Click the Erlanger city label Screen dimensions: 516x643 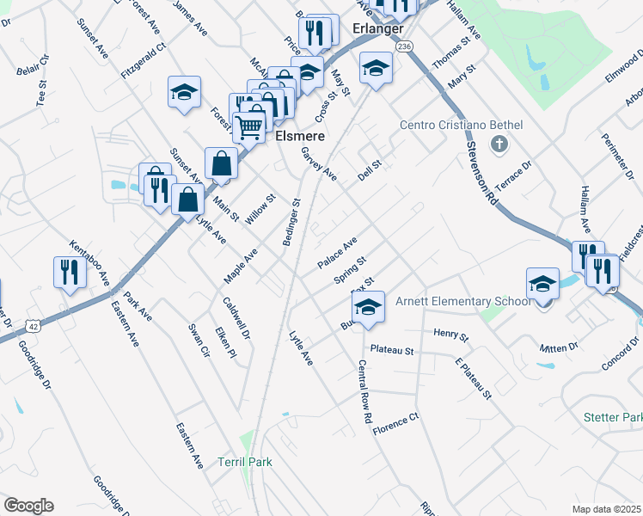coord(378,29)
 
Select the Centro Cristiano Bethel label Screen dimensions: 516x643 coord(461,126)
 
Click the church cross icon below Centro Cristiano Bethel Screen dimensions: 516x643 coord(496,144)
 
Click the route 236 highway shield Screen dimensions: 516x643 coord(406,46)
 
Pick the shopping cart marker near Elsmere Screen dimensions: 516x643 coord(248,126)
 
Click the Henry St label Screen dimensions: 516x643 coord(450,334)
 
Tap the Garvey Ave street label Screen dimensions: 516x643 coord(319,164)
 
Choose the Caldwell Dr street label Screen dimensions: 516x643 coord(236,317)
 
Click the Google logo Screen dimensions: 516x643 coord(28,506)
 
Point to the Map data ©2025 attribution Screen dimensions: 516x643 coord(606,509)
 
